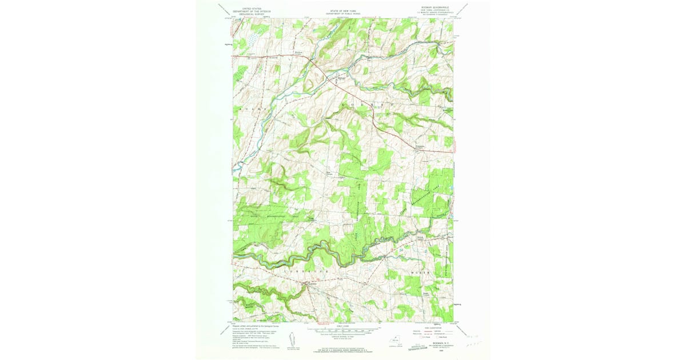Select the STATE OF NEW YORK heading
[x=342, y=10]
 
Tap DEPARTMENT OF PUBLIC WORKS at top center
[x=342, y=14]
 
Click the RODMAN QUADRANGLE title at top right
[x=435, y=9]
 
